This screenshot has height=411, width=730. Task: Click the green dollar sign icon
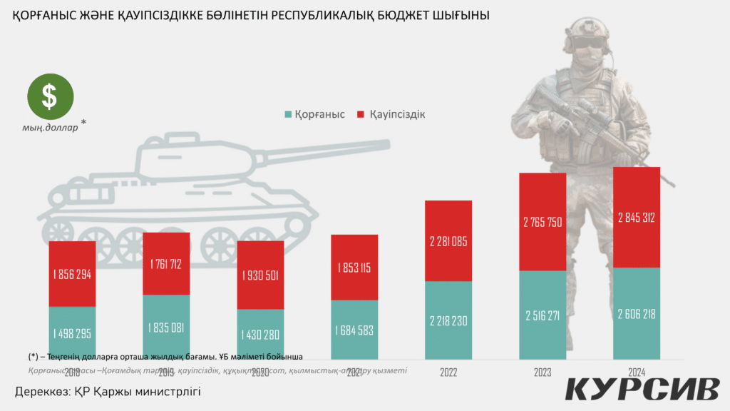[49, 97]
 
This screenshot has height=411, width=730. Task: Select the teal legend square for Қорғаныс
[288, 114]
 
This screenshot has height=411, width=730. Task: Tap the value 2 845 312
[637, 218]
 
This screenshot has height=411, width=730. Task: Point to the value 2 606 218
[637, 314]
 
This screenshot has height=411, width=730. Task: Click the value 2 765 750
[543, 222]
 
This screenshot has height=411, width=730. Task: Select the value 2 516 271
[543, 315]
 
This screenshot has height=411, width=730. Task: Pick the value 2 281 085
[448, 241]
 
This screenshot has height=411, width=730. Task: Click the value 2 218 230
[448, 320]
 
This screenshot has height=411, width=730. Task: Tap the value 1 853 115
[354, 268]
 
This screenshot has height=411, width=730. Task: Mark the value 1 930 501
[260, 275]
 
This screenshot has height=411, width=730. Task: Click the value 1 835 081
[166, 328]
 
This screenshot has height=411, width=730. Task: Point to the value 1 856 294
[72, 275]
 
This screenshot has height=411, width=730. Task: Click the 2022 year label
[448, 372]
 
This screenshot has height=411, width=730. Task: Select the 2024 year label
[637, 372]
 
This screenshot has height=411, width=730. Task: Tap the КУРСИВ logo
[642, 390]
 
